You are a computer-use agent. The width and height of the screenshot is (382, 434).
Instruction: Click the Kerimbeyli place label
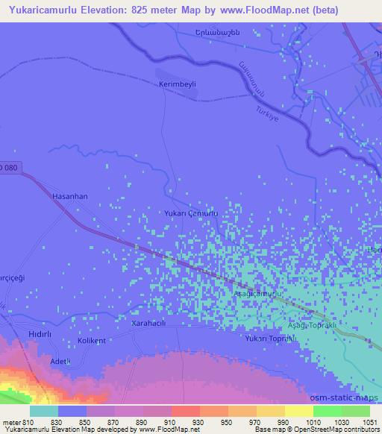tap(177, 85)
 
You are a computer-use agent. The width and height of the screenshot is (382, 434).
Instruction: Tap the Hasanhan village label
tap(70, 196)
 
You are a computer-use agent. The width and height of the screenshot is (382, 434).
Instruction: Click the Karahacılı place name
tap(152, 324)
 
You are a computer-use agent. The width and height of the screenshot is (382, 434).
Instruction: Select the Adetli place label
tap(60, 362)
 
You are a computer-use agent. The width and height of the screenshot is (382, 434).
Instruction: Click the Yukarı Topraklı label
tap(271, 339)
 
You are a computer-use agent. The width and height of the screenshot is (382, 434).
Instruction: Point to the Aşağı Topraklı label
tap(313, 327)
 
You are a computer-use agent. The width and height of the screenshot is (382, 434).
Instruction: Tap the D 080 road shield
tap(8, 166)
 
